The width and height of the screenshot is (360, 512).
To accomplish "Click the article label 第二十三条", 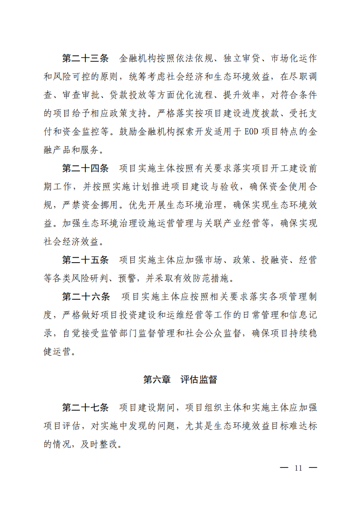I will (85, 59).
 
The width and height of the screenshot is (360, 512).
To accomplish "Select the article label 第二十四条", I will (85, 169).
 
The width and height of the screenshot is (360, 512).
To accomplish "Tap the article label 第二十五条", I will (85, 260).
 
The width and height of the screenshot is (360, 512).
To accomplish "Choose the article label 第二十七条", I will (85, 407).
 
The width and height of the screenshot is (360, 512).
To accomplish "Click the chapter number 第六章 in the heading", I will (157, 380).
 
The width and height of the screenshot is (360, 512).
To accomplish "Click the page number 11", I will (299, 468).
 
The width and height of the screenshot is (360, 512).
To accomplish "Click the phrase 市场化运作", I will (294, 59).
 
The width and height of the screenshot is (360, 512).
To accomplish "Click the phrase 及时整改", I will (106, 443).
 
